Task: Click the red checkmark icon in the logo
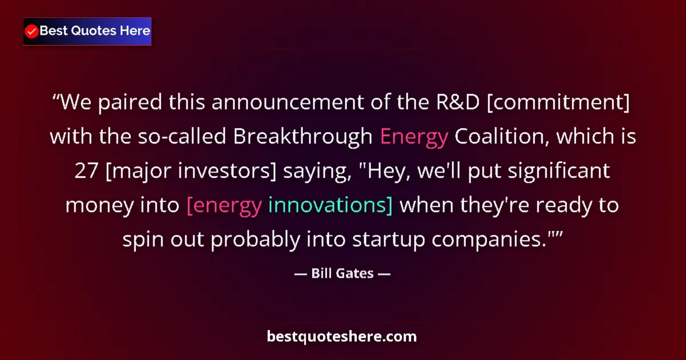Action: (32, 31)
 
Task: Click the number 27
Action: (87, 171)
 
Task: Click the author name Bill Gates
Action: (342, 273)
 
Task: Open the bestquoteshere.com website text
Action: (342, 336)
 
